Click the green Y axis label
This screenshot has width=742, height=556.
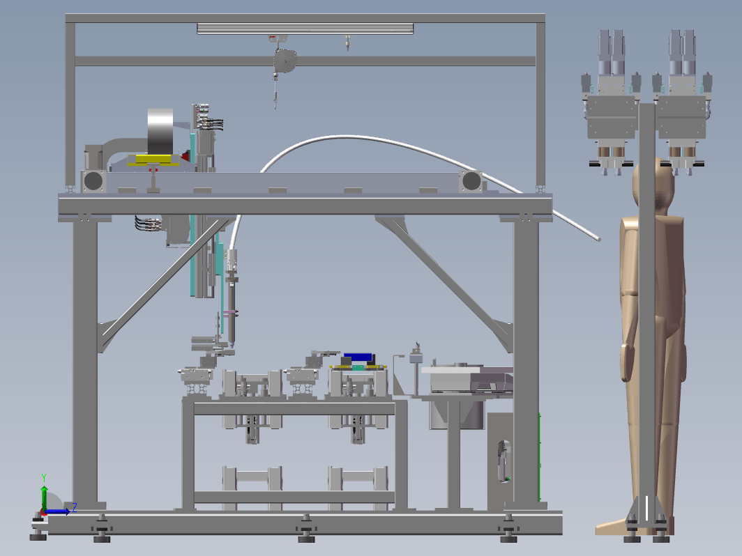pyautogui.click(x=43, y=477)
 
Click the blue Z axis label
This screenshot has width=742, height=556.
pyautogui.click(x=75, y=508)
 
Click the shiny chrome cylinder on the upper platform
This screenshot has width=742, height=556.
pyautogui.click(x=160, y=131)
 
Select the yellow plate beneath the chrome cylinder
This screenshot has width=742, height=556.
pyautogui.click(x=153, y=160)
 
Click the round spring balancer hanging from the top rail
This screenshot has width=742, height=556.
pyautogui.click(x=285, y=61)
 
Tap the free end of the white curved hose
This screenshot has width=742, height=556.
pyautogui.click(x=598, y=239)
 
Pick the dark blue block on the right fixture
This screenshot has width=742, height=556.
pyautogui.click(x=358, y=357)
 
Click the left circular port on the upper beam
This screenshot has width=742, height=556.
pyautogui.click(x=93, y=180)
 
